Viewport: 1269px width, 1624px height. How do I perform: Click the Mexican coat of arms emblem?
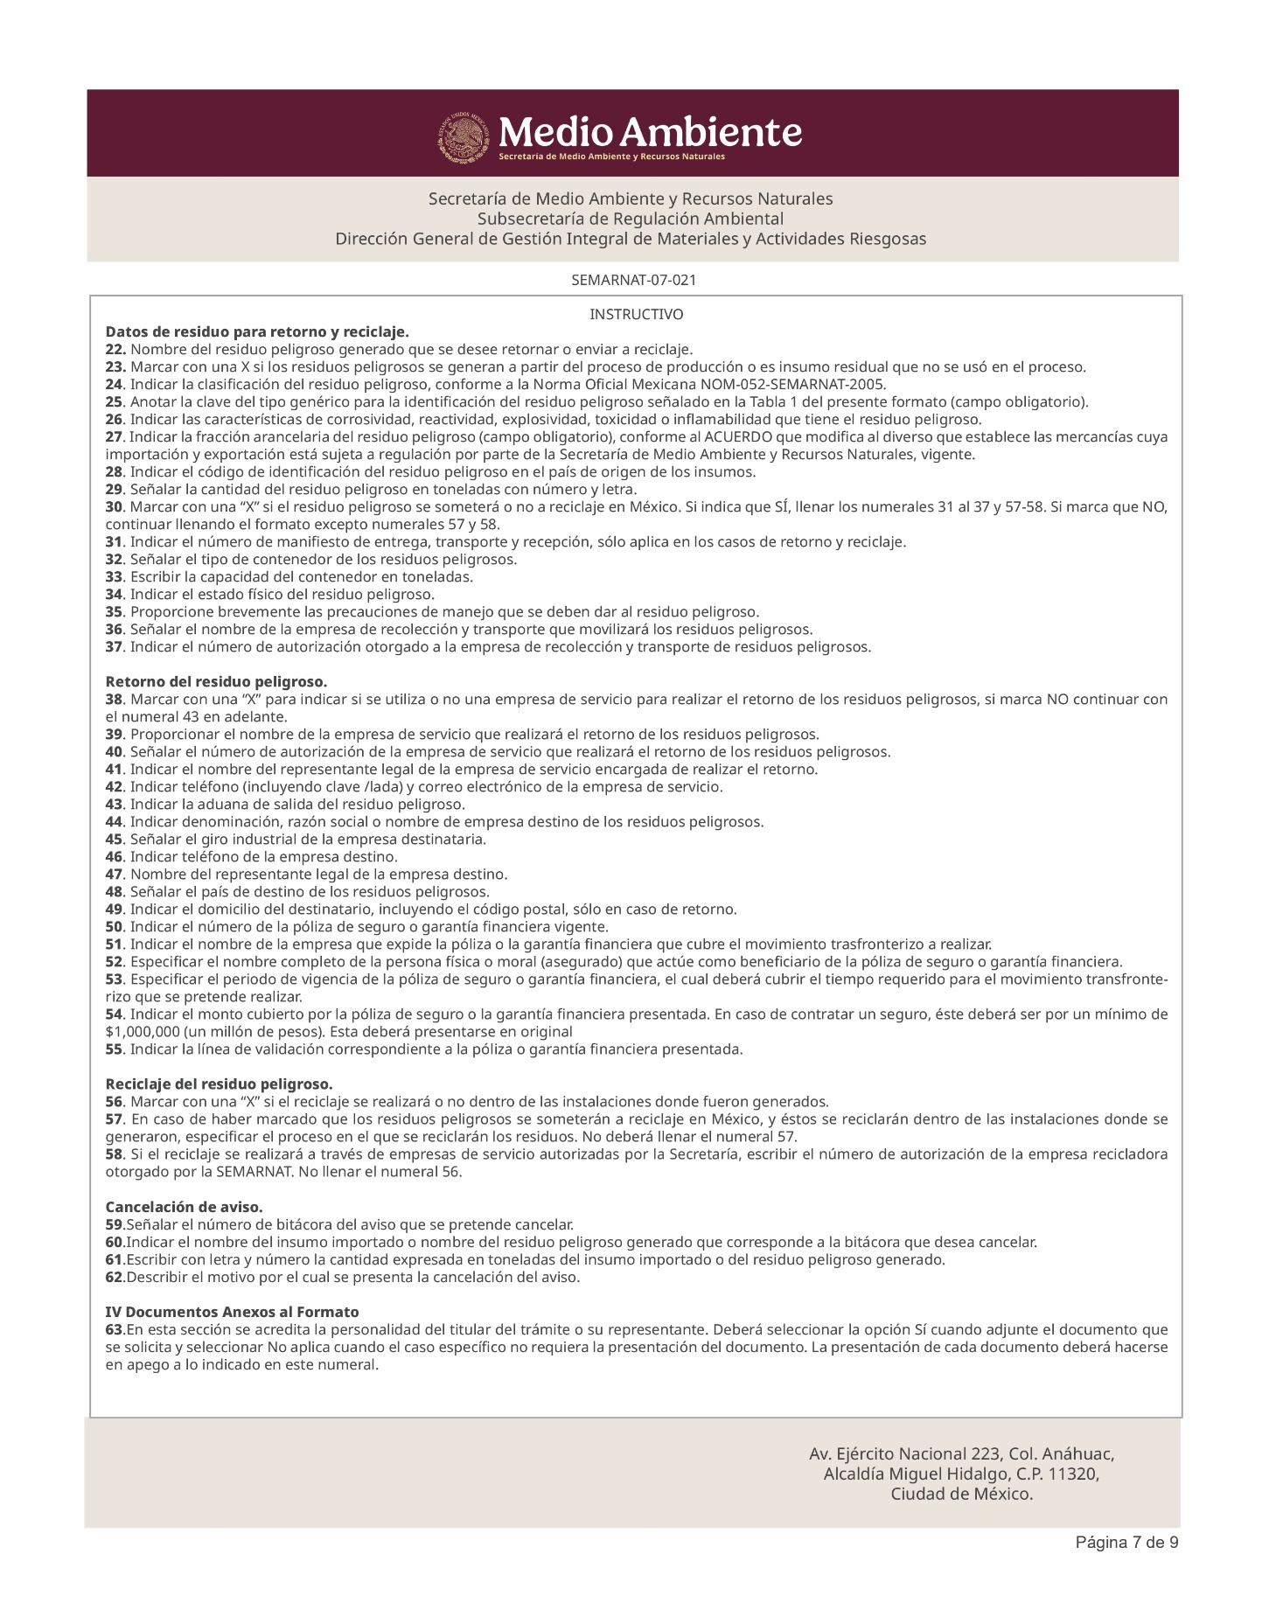click(464, 136)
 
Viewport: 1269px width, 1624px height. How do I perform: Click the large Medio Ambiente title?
click(650, 132)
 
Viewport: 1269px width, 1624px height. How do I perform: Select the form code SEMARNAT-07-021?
click(633, 281)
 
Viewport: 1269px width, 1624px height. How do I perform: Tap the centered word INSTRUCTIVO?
click(636, 314)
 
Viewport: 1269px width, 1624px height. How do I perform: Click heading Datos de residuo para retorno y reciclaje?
click(257, 332)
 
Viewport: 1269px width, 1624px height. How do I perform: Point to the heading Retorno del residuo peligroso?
click(216, 681)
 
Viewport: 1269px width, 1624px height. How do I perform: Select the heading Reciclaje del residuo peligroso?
click(219, 1084)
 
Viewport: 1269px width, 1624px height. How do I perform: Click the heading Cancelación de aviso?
click(184, 1207)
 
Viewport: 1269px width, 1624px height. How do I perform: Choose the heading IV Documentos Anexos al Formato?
click(232, 1312)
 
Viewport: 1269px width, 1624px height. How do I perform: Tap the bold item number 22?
click(115, 350)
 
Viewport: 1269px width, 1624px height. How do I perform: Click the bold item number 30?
click(115, 507)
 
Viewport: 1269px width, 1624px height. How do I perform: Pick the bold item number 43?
click(115, 804)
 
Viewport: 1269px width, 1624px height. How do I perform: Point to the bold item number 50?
click(115, 926)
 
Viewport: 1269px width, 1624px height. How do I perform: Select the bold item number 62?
click(115, 1277)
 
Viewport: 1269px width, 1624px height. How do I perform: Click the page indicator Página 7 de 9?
click(1126, 1543)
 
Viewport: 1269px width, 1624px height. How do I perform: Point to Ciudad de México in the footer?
click(961, 1495)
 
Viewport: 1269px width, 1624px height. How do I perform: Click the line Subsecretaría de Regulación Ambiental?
click(630, 219)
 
